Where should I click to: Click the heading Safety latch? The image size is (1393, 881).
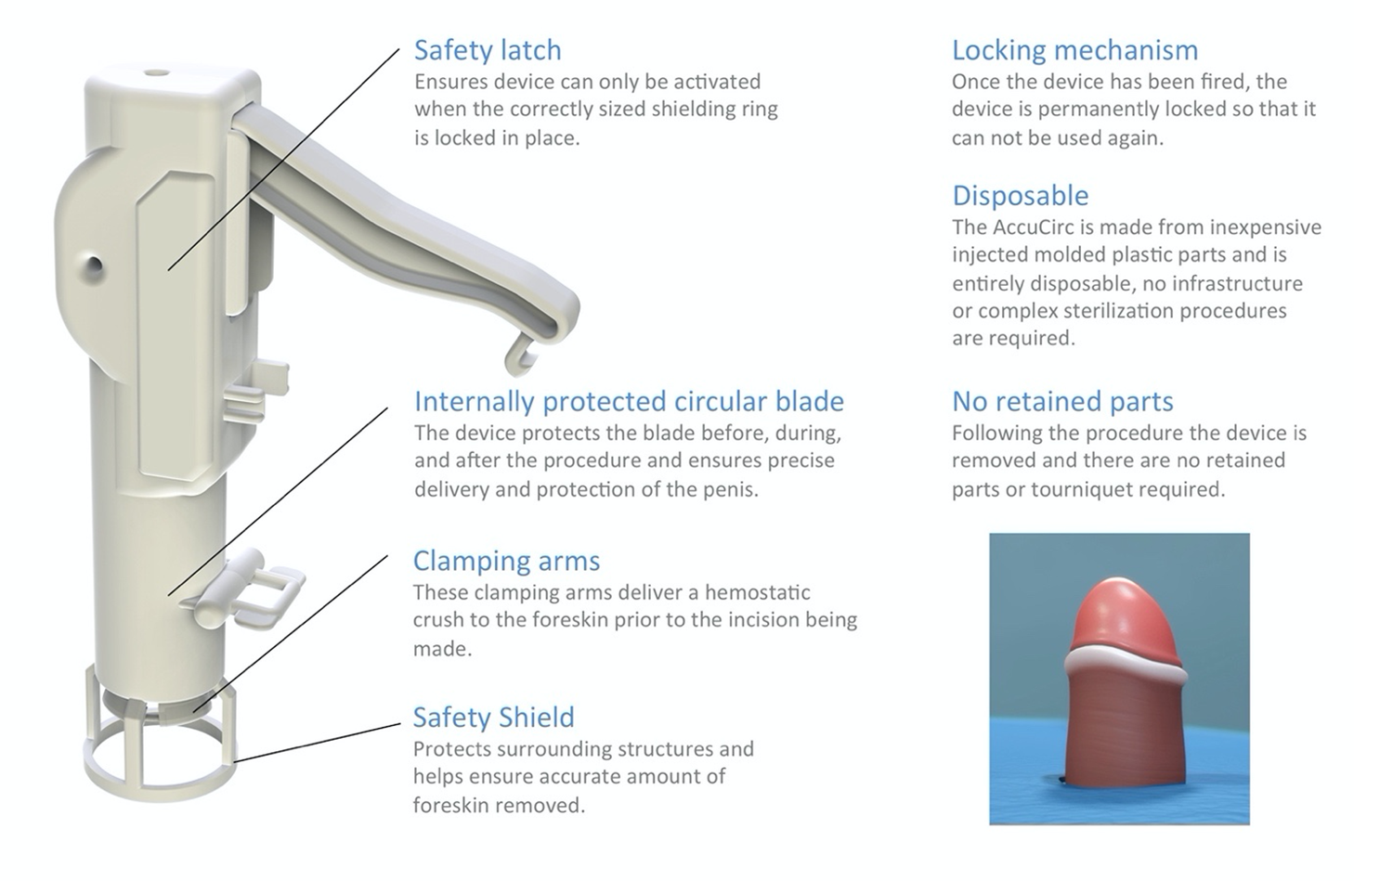(488, 50)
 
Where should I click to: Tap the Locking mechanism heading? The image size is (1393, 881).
(1074, 50)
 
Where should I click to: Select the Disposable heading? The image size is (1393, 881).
(1020, 196)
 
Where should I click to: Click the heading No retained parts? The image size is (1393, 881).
(1062, 402)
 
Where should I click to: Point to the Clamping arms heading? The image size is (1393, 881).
(506, 561)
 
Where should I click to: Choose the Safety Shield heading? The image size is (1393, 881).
(493, 718)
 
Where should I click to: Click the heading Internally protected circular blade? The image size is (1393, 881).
(629, 402)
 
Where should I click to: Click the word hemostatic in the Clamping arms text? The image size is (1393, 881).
(757, 592)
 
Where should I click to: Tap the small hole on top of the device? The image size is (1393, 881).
(157, 71)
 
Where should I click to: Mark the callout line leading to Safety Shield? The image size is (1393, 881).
(316, 743)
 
